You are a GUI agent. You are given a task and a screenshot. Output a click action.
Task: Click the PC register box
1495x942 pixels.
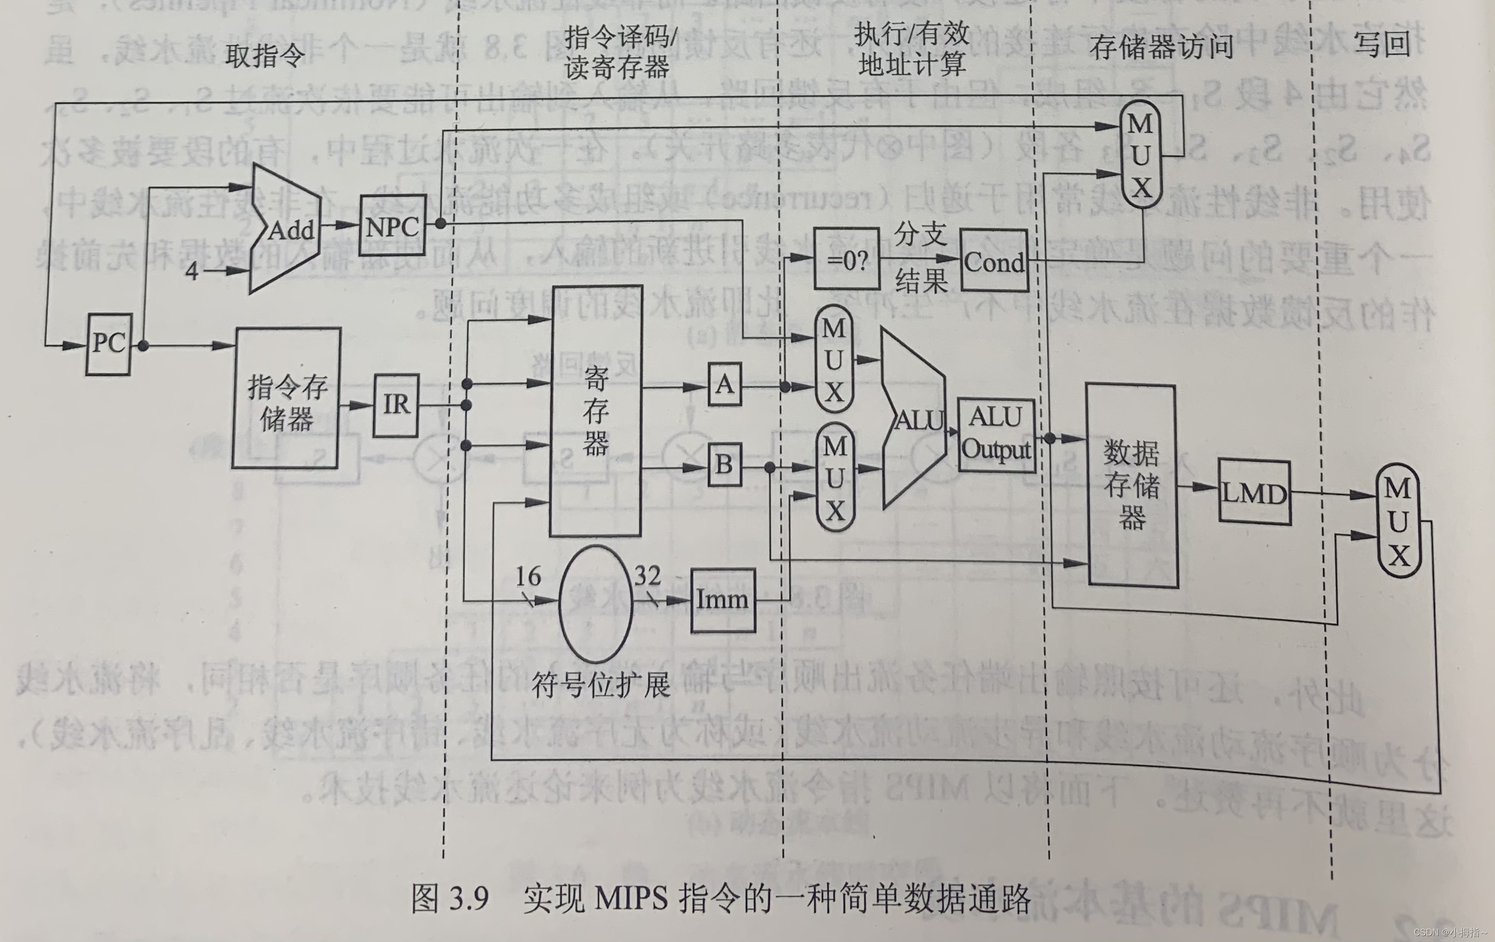pos(109,344)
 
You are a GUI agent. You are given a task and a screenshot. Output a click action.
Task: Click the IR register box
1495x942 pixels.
pos(396,405)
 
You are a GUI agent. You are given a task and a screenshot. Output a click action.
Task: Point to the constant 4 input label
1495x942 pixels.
pos(192,271)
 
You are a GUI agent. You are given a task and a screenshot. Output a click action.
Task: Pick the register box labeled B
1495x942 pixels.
pos(725,465)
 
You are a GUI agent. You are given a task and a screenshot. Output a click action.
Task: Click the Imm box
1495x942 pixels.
pos(723,600)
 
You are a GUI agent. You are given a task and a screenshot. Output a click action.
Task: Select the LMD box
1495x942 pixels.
pos(1254,493)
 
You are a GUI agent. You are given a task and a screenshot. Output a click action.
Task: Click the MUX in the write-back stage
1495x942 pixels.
pos(1398,522)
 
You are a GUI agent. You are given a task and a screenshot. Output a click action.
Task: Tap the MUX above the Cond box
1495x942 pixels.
pos(1141,155)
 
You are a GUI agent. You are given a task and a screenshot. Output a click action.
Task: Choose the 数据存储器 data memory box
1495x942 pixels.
pos(1132,486)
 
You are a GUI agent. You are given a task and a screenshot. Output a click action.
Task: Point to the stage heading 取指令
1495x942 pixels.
pos(264,56)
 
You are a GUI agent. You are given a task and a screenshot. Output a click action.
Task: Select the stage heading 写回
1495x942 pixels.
pos(1381,44)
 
